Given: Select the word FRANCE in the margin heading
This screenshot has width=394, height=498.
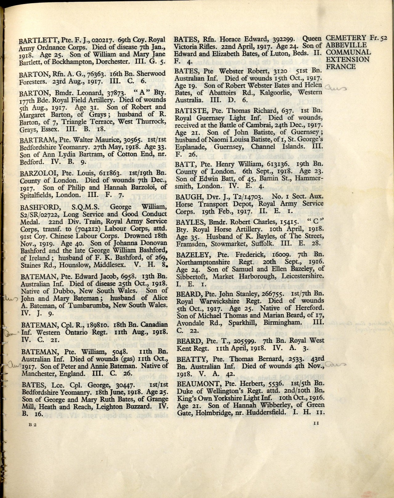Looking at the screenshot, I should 340,66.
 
